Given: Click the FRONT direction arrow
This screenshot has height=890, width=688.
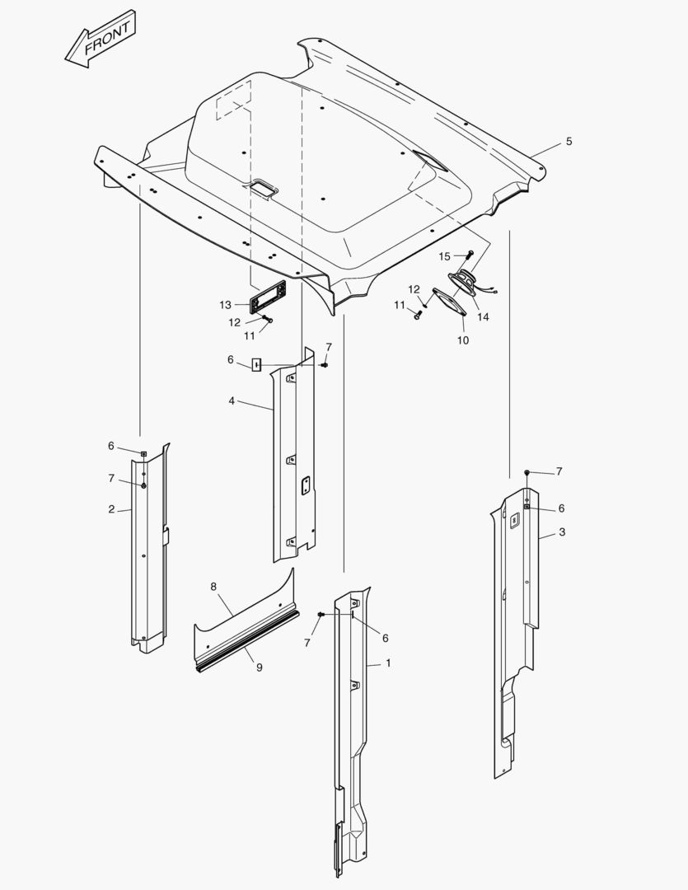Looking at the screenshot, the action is pyautogui.click(x=101, y=39).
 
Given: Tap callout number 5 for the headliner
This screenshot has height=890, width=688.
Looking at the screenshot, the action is pyautogui.click(x=569, y=142).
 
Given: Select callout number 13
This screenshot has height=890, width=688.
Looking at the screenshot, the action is pyautogui.click(x=226, y=306).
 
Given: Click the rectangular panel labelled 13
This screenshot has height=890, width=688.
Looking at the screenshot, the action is pyautogui.click(x=267, y=297).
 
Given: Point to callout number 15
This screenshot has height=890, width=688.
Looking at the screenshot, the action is pyautogui.click(x=444, y=256).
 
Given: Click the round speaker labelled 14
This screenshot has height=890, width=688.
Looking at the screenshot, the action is pyautogui.click(x=465, y=282).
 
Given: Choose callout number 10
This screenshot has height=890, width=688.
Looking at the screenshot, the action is pyautogui.click(x=463, y=340).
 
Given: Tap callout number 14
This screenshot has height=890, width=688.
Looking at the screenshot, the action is pyautogui.click(x=483, y=316).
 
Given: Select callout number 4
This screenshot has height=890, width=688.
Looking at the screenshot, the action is pyautogui.click(x=232, y=401).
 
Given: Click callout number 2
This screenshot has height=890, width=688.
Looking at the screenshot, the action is pyautogui.click(x=111, y=509).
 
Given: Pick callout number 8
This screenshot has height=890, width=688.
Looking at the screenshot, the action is pyautogui.click(x=213, y=587).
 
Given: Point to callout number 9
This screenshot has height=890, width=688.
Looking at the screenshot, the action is pyautogui.click(x=260, y=667).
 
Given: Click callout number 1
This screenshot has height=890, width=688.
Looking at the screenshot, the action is pyautogui.click(x=388, y=663).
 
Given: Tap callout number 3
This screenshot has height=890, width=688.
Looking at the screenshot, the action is pyautogui.click(x=562, y=532).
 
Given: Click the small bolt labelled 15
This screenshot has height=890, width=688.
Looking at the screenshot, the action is pyautogui.click(x=470, y=254).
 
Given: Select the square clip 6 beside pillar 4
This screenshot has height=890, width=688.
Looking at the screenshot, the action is pyautogui.click(x=256, y=364).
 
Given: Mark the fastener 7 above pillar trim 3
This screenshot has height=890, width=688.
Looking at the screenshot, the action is pyautogui.click(x=527, y=472).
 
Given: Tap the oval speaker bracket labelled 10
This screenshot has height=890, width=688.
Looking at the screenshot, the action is pyautogui.click(x=450, y=302).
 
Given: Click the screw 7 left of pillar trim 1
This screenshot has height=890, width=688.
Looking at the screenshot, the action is pyautogui.click(x=321, y=615).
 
